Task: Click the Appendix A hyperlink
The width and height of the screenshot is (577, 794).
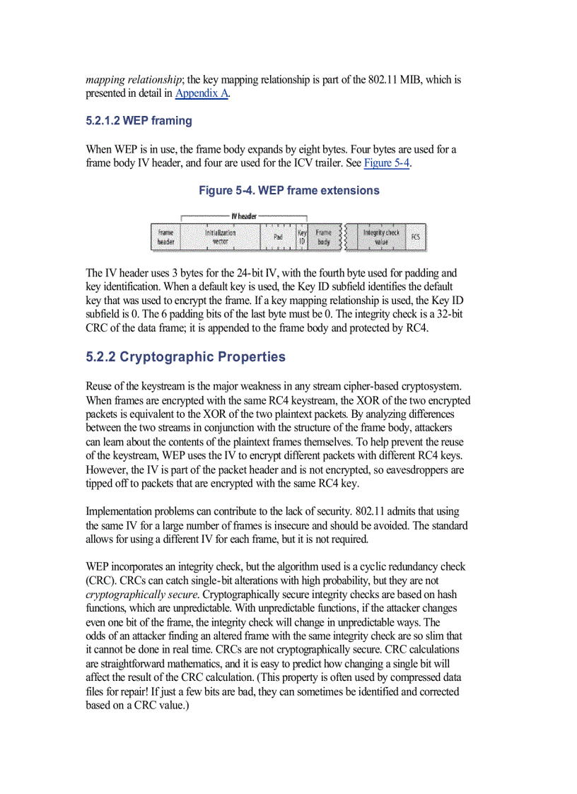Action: pos(202,93)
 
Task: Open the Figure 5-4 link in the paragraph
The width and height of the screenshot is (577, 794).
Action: pos(387,163)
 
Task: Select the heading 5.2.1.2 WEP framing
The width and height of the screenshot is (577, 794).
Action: pos(139,121)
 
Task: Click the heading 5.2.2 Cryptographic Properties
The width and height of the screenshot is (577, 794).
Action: pos(185,357)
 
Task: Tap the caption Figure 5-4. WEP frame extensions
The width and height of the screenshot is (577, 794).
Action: pos(288,191)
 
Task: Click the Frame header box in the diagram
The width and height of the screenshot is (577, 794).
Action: pos(165,237)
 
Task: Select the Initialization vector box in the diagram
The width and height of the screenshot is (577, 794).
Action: pos(220,237)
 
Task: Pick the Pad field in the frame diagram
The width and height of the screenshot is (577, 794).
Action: pos(278,237)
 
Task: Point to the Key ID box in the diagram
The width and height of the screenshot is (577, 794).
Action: pos(302,237)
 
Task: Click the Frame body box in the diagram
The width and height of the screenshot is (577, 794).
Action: pos(323,237)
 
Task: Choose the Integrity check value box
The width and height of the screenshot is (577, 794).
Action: pos(381,237)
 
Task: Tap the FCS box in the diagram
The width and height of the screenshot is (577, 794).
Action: pos(415,237)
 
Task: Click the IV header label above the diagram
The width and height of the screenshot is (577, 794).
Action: pos(244,216)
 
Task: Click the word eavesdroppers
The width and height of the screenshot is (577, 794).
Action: pos(416,470)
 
